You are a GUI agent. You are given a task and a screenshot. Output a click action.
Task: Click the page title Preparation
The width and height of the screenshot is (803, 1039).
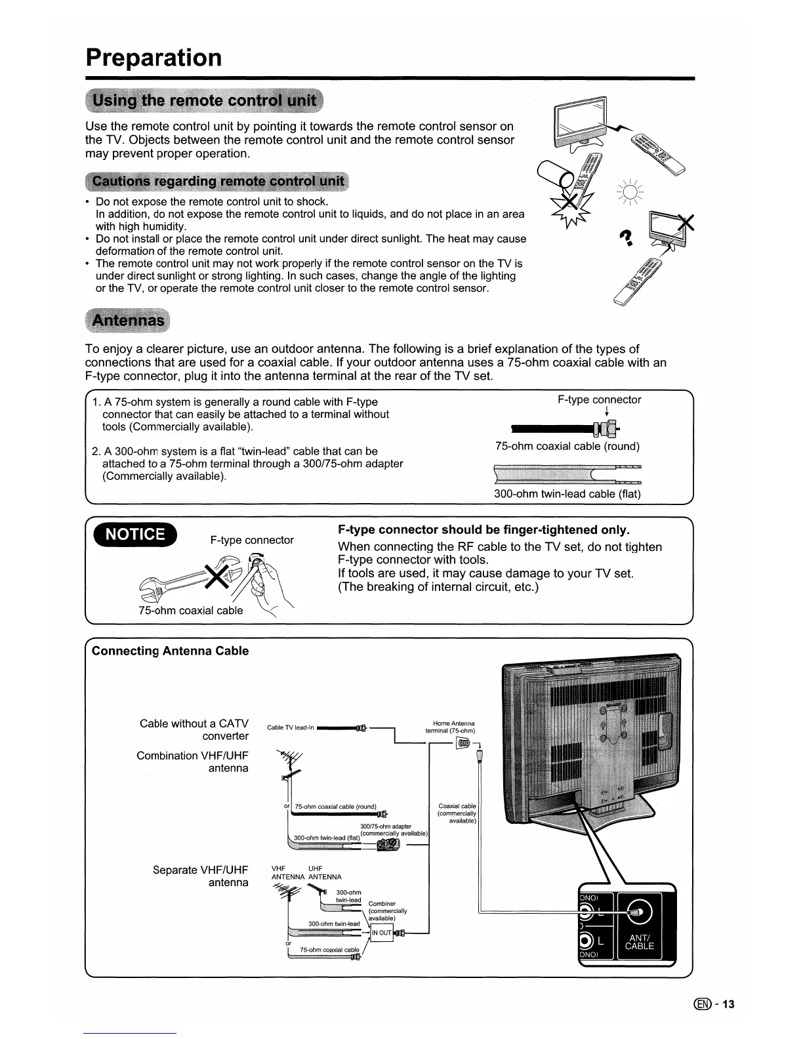point(154,58)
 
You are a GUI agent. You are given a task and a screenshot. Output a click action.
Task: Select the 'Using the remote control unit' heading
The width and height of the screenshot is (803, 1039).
point(205,102)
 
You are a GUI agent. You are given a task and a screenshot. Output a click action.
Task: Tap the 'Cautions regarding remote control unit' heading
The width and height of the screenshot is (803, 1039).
point(218,181)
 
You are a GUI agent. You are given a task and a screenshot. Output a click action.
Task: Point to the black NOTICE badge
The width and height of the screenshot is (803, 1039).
point(135,535)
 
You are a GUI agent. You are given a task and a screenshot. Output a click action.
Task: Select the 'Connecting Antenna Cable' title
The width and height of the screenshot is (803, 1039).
point(170,651)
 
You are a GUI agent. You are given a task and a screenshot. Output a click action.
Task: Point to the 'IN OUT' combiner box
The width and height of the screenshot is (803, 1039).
point(381,933)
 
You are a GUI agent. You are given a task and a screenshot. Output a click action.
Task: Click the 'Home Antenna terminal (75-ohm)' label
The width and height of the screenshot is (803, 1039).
point(450,727)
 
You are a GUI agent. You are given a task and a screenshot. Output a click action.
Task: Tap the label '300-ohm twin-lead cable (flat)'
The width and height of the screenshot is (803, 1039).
point(567,494)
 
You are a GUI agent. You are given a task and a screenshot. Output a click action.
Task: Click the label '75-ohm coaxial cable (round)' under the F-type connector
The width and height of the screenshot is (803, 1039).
point(567,446)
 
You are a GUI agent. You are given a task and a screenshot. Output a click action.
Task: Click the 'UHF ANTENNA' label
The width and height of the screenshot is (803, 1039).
point(325,872)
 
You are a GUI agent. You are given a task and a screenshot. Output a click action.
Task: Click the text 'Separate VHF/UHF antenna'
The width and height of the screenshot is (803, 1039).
point(200,876)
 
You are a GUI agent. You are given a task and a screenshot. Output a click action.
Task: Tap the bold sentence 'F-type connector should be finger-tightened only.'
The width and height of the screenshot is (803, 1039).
point(484,530)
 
